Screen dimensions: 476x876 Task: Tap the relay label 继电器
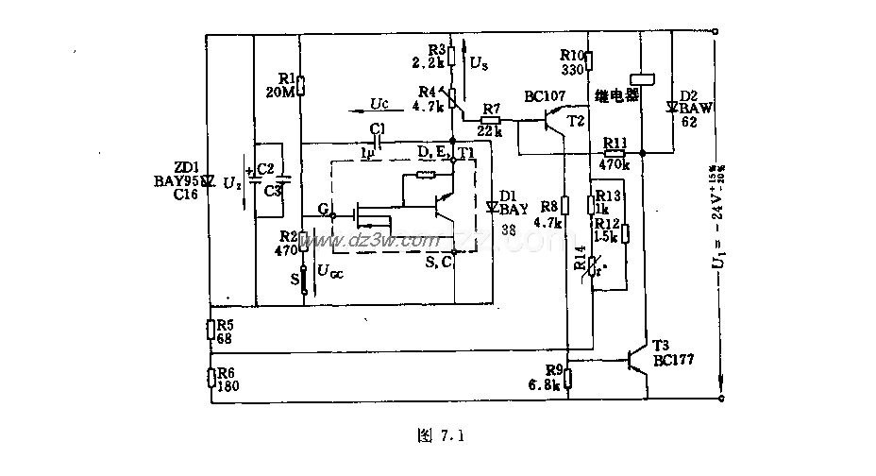click(617, 95)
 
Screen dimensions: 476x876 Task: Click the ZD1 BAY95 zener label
click(178, 179)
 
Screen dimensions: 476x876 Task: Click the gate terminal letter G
click(323, 210)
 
